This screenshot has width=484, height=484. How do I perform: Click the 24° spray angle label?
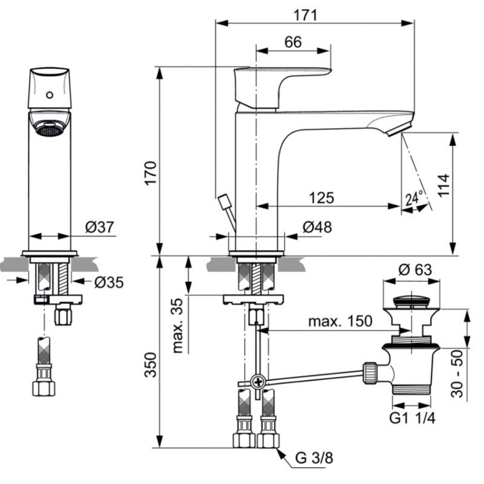pyautogui.click(x=414, y=198)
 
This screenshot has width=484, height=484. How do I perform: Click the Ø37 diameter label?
pyautogui.click(x=99, y=227)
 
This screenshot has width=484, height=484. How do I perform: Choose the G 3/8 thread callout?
pyautogui.click(x=314, y=457)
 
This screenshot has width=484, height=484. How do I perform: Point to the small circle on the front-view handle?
pyautogui.click(x=49, y=95)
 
